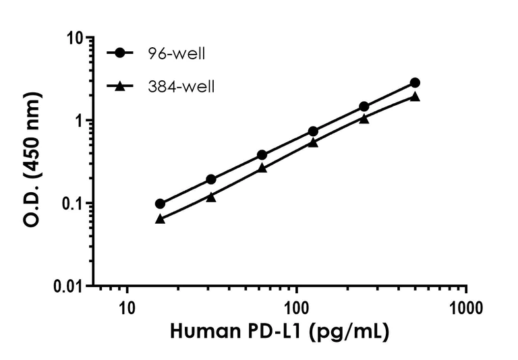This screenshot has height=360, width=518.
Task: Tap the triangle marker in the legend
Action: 120,86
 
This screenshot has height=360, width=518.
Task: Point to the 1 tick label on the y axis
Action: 79,121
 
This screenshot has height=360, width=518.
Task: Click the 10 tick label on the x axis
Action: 126,309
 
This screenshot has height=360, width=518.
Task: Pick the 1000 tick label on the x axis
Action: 466,309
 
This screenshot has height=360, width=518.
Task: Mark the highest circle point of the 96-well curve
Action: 415,83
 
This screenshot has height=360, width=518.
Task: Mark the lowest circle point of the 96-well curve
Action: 160,204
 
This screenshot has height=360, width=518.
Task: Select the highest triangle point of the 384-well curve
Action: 415,96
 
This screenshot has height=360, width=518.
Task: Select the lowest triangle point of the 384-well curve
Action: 160,218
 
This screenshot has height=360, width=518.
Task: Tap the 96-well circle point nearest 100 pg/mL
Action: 313,131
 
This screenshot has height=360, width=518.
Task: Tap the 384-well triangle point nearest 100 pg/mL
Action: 313,142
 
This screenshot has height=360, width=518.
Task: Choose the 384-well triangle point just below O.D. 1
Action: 364,119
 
